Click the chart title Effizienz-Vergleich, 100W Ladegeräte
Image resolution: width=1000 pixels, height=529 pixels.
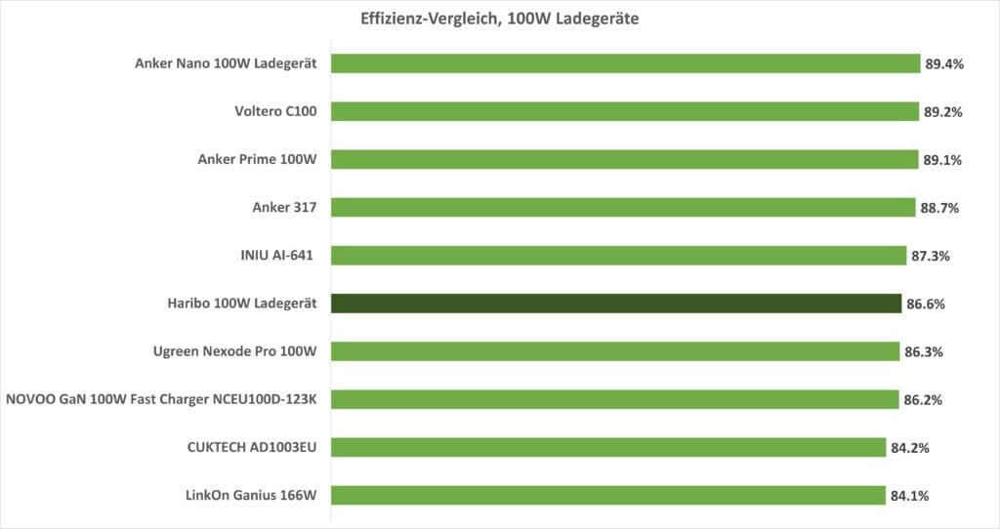point(500,19)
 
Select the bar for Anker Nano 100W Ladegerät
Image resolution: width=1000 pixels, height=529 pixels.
point(625,63)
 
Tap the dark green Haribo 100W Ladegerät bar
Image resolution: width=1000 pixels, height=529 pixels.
point(616,304)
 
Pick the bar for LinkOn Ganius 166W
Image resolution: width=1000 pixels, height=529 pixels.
point(608,495)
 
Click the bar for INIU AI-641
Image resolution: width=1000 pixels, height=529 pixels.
point(619,256)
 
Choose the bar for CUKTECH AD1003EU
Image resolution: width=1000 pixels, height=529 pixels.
point(608,447)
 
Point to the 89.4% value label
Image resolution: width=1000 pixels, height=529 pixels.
point(944,64)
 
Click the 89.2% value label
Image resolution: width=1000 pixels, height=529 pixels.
point(943,112)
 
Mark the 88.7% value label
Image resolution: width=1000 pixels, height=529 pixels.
point(940,208)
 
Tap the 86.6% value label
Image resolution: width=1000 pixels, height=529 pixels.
point(925,305)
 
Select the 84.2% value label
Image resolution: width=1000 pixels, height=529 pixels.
point(909,448)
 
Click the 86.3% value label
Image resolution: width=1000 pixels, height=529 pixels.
point(922,351)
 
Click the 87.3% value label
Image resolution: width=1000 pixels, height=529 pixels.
point(931,257)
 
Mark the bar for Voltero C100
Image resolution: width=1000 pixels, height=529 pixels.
point(624,111)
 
